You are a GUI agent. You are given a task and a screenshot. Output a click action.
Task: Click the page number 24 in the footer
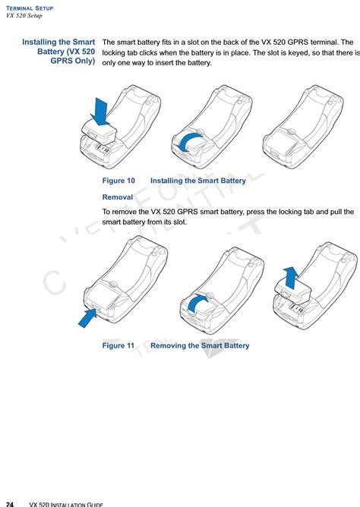(10, 503)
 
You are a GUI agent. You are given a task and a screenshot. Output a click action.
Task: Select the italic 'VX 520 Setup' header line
(27, 16)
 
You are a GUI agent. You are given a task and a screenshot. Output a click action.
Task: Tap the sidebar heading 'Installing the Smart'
(58, 43)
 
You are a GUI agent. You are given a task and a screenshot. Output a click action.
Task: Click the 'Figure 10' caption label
(118, 181)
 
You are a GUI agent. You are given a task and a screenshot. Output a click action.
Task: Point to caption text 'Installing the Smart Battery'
(198, 181)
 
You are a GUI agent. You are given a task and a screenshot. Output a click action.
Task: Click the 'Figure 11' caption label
(118, 345)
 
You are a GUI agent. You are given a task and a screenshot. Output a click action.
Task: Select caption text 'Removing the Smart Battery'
(200, 345)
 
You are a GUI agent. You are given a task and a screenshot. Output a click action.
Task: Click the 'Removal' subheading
(118, 197)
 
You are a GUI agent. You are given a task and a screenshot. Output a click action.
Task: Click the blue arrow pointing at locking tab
(88, 316)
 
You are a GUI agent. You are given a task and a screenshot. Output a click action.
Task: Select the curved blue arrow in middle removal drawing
(200, 302)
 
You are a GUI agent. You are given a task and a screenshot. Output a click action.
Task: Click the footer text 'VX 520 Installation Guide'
(66, 503)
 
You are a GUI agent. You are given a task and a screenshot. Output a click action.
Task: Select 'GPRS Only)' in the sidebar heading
(73, 62)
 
